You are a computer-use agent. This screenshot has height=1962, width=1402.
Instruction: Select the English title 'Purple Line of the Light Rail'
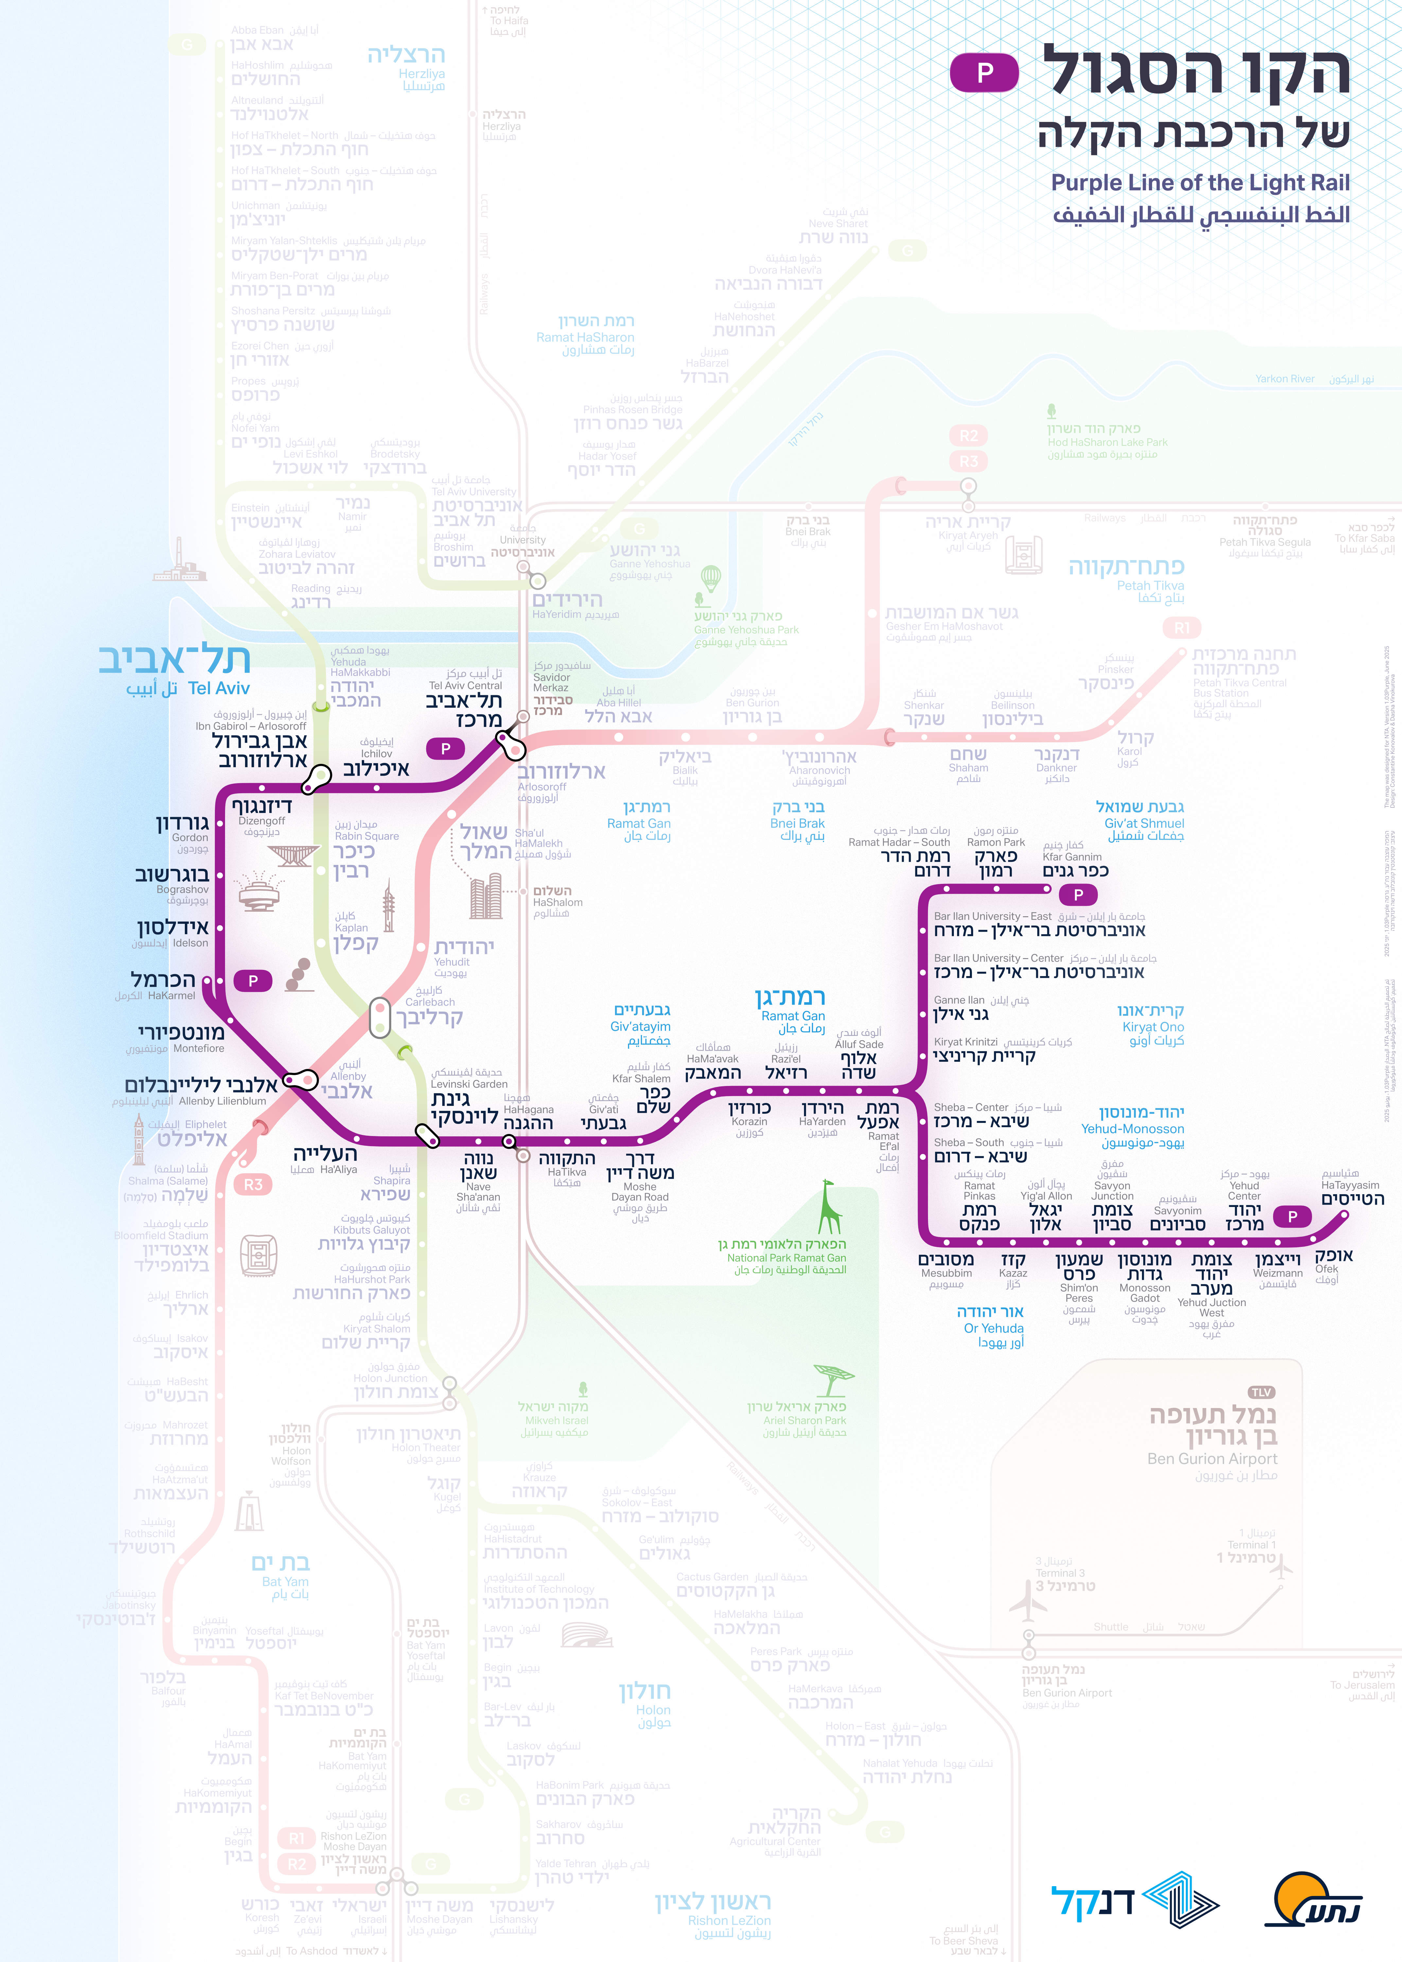1200,183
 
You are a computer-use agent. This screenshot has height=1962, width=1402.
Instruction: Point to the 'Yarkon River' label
1285,379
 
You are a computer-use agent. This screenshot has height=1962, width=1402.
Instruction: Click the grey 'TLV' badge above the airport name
1261,1393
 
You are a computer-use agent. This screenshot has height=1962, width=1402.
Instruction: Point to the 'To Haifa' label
508,21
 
